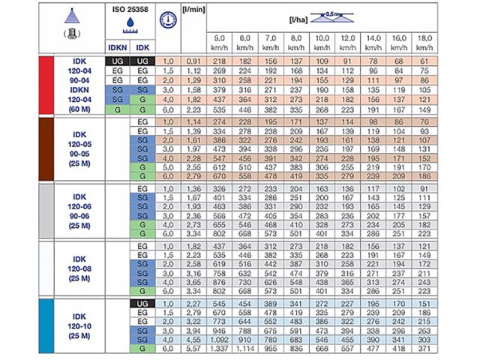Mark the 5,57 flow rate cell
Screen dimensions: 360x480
tap(193, 349)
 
